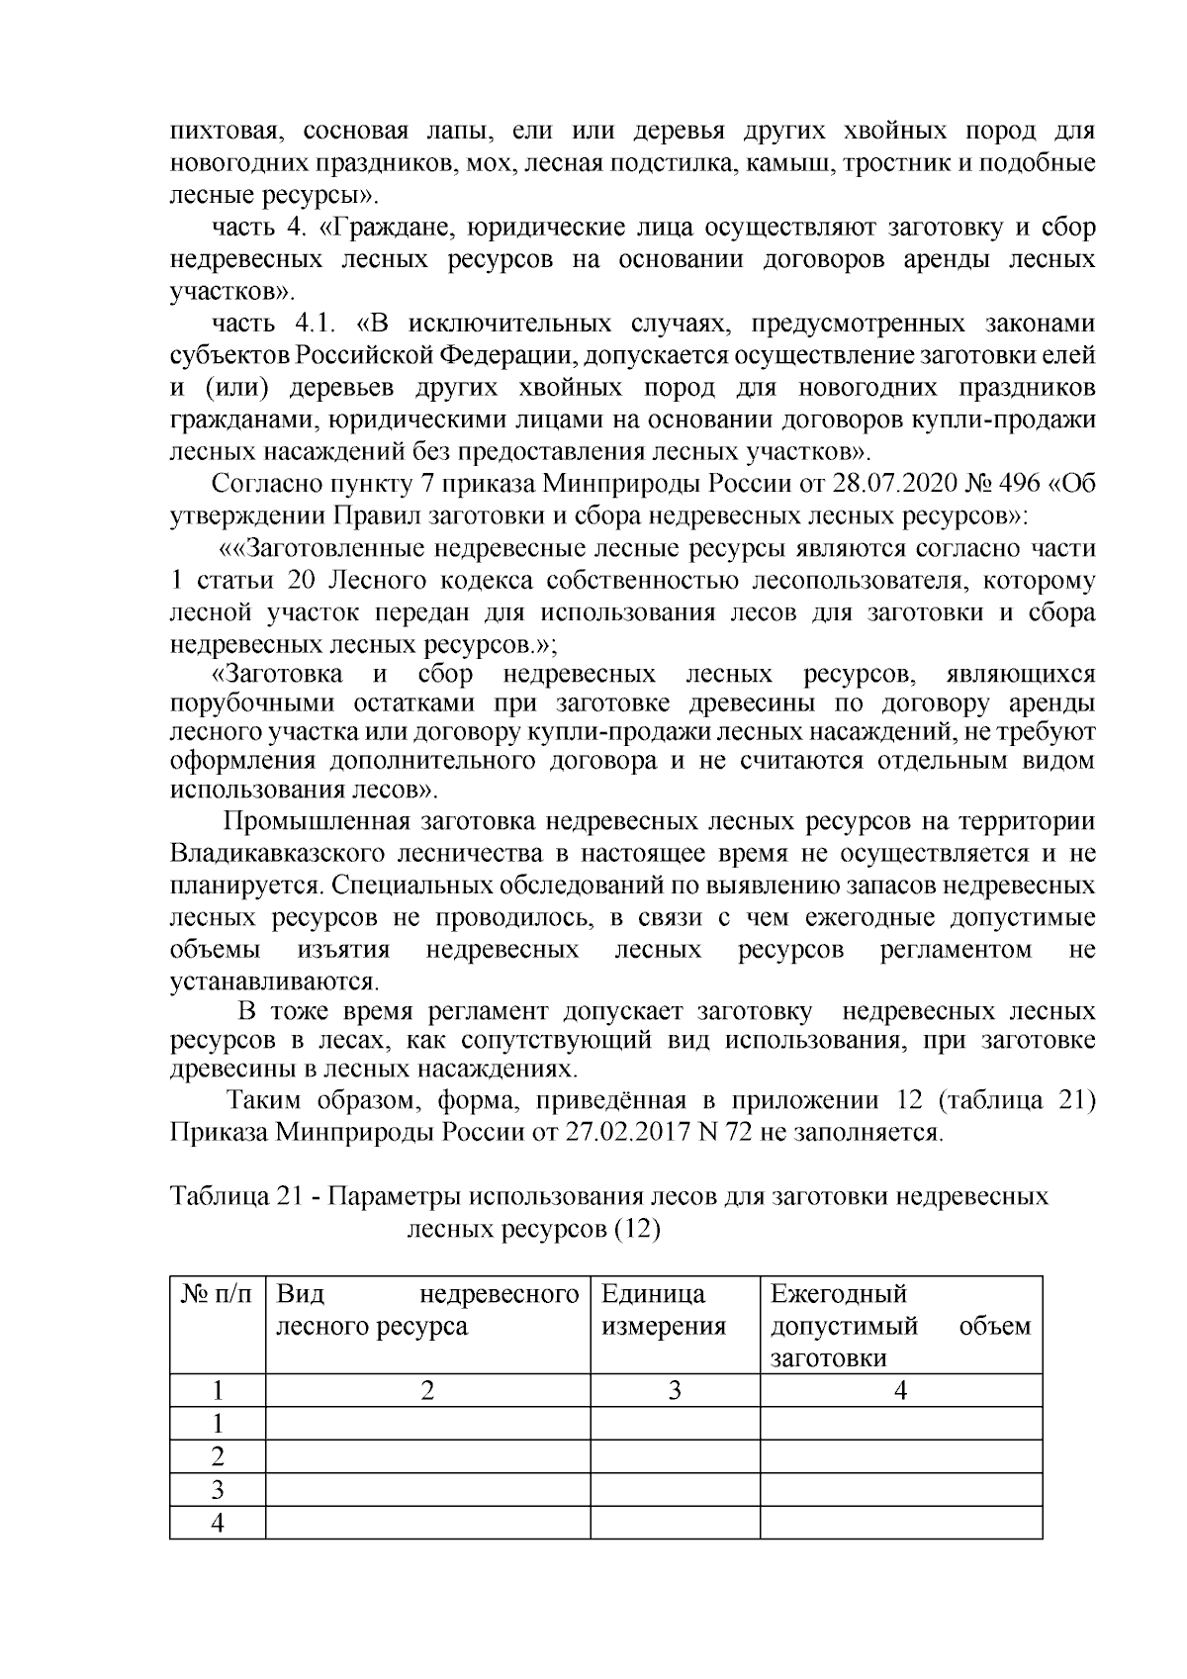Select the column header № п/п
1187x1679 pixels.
coord(218,1293)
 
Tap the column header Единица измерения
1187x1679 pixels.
coord(663,1310)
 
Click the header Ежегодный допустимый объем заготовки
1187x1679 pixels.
coord(900,1326)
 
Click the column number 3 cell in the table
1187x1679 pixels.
coord(675,1390)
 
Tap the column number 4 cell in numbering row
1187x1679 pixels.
coord(900,1390)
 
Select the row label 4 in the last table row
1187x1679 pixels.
coord(218,1524)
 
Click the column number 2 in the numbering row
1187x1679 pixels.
coord(427,1390)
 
